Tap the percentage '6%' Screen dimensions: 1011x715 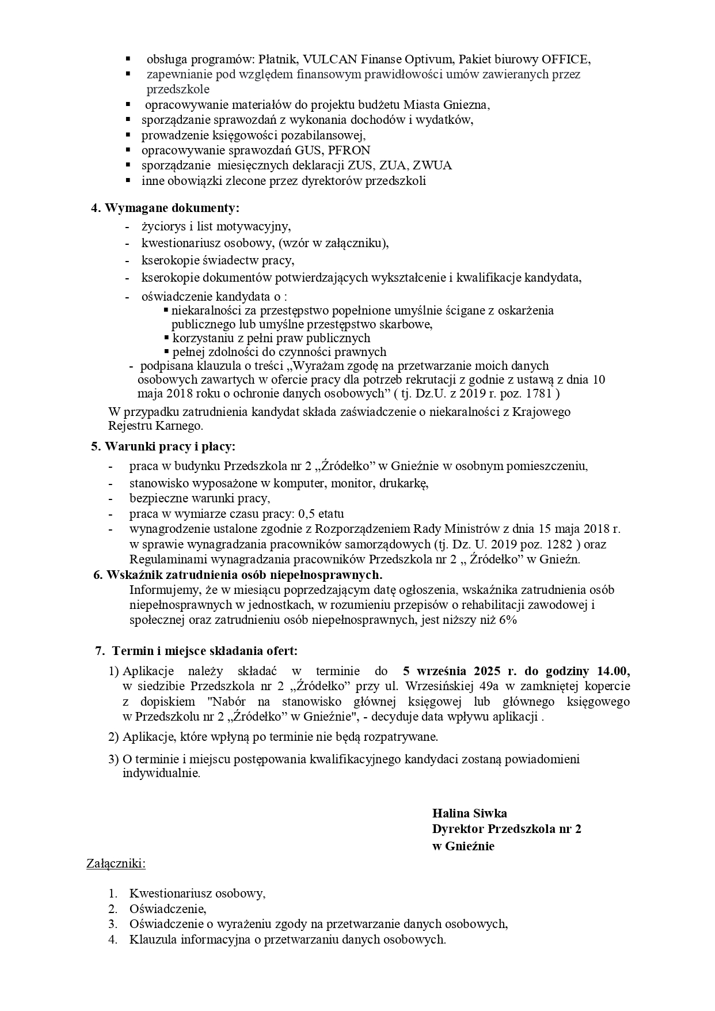[508, 620]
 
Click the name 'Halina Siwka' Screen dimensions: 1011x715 [469, 813]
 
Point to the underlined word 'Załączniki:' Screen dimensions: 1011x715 [116, 864]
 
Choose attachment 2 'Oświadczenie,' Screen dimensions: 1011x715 [168, 909]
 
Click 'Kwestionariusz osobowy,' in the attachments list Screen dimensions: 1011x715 [197, 893]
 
